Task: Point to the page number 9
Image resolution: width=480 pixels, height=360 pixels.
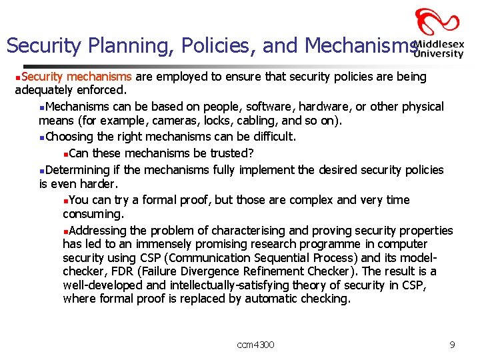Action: [x=452, y=345]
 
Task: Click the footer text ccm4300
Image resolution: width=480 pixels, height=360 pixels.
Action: [x=255, y=345]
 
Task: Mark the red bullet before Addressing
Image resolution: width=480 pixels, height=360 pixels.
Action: [x=65, y=231]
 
